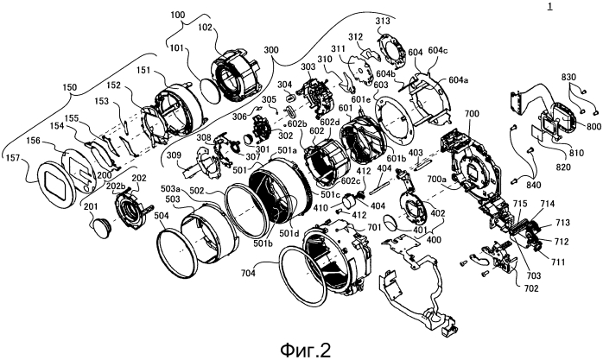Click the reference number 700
(x=470, y=114)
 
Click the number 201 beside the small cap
(x=90, y=206)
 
